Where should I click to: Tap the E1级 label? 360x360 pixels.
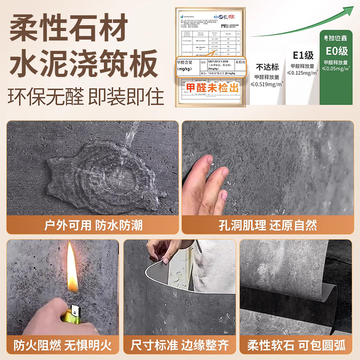(302, 56)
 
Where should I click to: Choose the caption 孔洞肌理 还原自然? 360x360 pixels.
(268, 225)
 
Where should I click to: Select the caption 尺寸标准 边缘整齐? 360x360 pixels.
(180, 346)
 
